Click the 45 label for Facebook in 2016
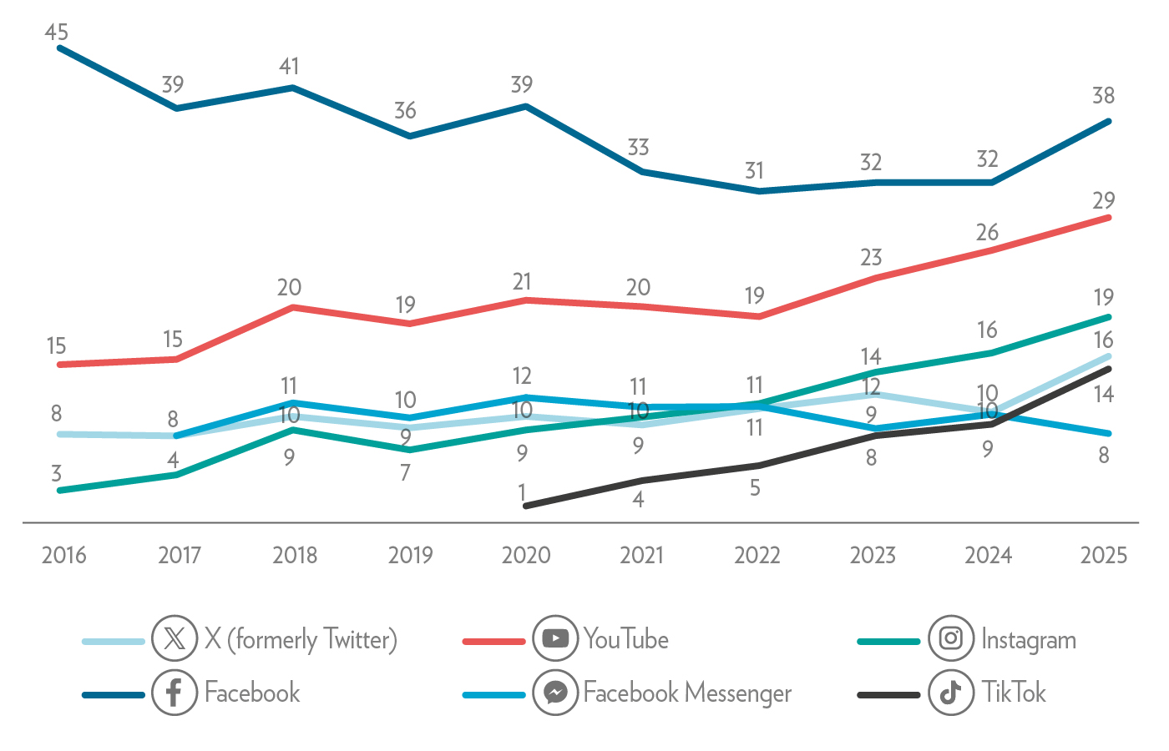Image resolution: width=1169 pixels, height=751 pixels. tap(57, 33)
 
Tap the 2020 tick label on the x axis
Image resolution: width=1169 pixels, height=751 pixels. tap(526, 556)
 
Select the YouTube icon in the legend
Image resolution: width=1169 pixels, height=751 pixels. tap(555, 639)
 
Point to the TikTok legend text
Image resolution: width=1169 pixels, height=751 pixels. tap(1014, 693)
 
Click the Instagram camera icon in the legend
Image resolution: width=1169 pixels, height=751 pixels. tap(951, 639)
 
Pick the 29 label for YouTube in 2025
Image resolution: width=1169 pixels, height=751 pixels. tap(1103, 201)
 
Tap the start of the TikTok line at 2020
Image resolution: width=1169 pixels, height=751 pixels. tap(525, 506)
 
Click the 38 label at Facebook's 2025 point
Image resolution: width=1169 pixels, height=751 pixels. tap(1103, 96)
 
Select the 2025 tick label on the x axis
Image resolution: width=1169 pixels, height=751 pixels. tap(1103, 556)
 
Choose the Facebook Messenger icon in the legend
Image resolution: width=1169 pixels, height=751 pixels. tap(555, 693)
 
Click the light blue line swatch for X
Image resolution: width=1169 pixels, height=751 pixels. tap(114, 641)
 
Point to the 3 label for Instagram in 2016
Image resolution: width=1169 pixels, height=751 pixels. tap(57, 474)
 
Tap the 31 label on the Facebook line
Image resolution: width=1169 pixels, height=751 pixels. tap(755, 171)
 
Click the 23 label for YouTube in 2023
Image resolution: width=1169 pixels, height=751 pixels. tap(871, 258)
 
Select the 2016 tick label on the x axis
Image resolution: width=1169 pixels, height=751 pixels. tap(64, 556)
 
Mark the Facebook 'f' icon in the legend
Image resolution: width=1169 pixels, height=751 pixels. tap(175, 693)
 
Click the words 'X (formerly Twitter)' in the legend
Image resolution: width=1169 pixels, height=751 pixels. tap(301, 640)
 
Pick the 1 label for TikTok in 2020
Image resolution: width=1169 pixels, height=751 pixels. tap(523, 492)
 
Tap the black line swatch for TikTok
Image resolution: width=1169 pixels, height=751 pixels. tap(888, 694)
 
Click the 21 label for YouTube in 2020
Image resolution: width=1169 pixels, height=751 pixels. tap(522, 282)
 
